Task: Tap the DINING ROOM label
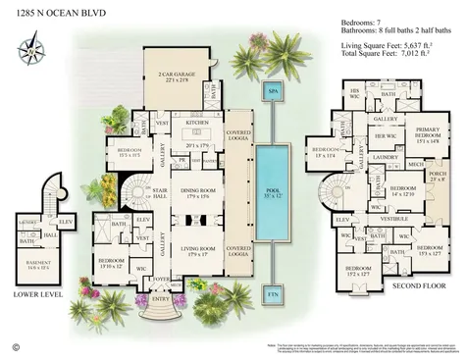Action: pyautogui.click(x=199, y=194)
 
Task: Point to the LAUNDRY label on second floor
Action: pyautogui.click(x=386, y=156)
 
